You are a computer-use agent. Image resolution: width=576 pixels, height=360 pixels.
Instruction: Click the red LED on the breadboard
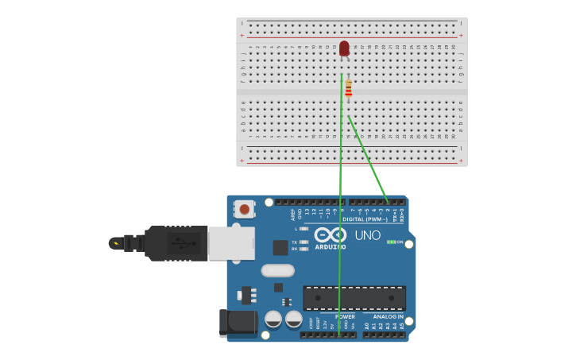pos(344,49)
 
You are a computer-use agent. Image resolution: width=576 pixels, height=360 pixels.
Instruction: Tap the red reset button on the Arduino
pos(245,210)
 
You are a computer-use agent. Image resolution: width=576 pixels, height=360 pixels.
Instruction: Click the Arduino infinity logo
pos(330,235)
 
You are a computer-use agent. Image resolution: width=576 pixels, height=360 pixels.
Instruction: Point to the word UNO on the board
pos(367,235)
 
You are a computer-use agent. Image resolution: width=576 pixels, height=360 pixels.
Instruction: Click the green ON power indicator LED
pos(390,242)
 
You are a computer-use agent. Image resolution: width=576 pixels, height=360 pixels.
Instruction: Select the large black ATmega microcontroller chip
pos(354,298)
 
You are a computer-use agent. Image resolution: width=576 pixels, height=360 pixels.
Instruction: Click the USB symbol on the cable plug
pos(180,242)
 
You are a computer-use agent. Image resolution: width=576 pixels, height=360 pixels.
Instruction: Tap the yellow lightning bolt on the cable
pos(117,243)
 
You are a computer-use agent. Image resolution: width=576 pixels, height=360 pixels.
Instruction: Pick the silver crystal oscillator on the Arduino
pos(277,270)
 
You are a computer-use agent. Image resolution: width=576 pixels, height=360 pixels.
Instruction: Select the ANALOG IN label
pos(388,316)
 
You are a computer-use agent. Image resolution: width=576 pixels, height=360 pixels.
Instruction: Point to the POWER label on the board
pos(345,316)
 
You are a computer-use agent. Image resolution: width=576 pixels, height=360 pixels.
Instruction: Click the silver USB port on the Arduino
pos(231,243)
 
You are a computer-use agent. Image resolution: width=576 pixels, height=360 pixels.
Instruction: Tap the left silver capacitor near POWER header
pos(273,319)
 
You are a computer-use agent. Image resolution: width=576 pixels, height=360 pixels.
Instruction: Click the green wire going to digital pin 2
pos(367,157)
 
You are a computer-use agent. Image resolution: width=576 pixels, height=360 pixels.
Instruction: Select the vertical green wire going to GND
pos(341,199)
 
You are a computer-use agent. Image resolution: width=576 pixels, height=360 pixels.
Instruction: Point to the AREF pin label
pos(292,214)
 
